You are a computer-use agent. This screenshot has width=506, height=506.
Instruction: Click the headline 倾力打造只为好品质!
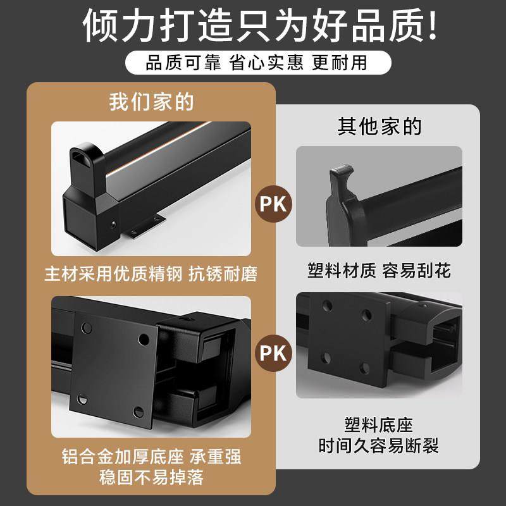pos(253,27)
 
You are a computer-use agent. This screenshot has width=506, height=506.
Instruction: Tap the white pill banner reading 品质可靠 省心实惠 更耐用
pos(253,63)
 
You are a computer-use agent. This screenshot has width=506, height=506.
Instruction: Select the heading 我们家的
pos(151,102)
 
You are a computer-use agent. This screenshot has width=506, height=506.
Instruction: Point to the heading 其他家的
pos(379,126)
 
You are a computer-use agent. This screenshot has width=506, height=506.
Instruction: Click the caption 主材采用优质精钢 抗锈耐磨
pos(151,275)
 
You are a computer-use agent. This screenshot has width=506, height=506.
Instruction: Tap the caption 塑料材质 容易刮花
pos(379,271)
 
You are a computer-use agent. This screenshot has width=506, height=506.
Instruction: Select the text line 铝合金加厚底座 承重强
pos(151,457)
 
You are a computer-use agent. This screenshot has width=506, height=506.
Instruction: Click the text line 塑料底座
pos(379,424)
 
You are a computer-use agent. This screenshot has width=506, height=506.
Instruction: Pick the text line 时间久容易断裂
pos(379,446)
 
